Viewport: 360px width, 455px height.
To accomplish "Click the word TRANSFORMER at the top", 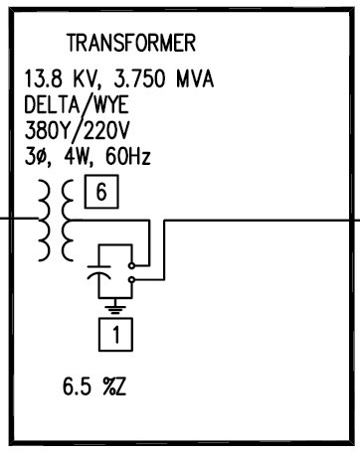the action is point(131,43).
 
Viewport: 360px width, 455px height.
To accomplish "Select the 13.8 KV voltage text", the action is point(61,78).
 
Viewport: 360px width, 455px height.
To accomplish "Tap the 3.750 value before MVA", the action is point(139,78).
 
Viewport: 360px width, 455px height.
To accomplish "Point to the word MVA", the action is point(195,78).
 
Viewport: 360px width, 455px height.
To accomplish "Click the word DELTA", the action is point(52,104).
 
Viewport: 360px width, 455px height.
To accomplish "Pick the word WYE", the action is point(111,104).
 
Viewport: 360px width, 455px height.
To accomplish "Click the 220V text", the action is point(105,130).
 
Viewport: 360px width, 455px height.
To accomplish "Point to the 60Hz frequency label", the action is point(128,156).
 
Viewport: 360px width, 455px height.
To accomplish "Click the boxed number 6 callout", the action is point(101,192).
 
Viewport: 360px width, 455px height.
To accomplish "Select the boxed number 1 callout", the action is point(115,335).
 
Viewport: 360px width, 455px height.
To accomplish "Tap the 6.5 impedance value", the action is point(77,386).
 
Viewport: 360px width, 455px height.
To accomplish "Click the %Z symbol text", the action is point(114,386).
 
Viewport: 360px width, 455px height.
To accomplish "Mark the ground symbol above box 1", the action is point(115,307).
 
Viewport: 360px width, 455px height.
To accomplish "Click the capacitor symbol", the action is point(98,271).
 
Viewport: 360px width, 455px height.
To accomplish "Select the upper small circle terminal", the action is point(131,265).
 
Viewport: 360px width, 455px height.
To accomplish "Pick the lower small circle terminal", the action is point(131,280).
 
